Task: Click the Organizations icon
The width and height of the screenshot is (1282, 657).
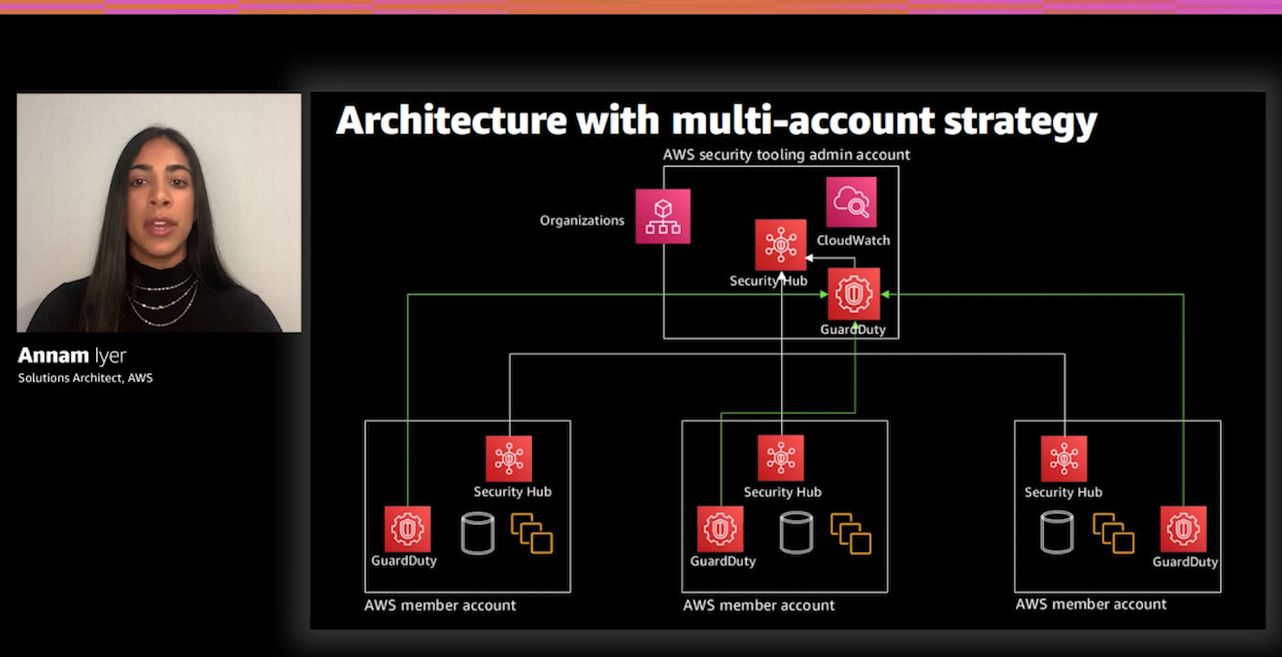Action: [x=662, y=216]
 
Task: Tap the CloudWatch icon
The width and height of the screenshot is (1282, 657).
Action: [x=852, y=202]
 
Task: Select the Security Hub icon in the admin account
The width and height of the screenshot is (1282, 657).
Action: [x=781, y=245]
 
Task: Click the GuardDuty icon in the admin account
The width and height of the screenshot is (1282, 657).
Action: [x=854, y=294]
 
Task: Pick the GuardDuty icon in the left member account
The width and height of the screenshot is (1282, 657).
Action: [x=407, y=530]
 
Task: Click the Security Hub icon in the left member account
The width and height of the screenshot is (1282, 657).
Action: [x=509, y=459]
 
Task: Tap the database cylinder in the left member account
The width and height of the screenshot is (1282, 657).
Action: [x=478, y=534]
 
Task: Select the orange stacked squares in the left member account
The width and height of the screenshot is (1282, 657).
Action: [x=531, y=534]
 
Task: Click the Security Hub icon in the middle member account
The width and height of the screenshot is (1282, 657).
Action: [x=780, y=459]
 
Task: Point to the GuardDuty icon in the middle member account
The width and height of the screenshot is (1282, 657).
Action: [x=720, y=530]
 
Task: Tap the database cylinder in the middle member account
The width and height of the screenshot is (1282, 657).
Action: [x=796, y=534]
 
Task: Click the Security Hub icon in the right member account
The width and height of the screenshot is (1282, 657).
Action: [x=1063, y=459]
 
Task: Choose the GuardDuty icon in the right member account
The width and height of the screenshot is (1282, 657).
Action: [x=1183, y=530]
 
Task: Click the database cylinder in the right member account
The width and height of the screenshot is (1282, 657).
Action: [x=1057, y=533]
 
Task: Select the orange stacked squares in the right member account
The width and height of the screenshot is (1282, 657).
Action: [x=1113, y=534]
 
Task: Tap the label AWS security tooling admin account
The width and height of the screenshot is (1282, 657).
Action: [x=787, y=155]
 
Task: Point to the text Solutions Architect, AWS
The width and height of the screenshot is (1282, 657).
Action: [x=85, y=378]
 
